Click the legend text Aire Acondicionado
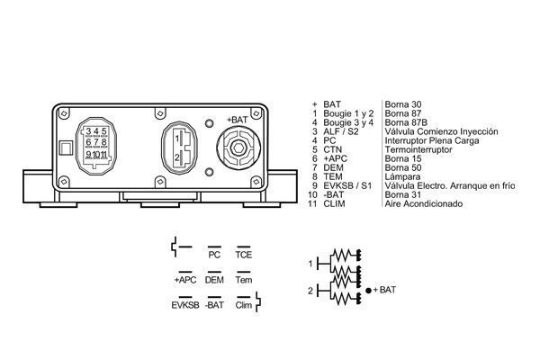423,204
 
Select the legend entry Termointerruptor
419,150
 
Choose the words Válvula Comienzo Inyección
441,132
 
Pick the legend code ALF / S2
340,132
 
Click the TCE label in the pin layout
243,255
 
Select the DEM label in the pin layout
214,281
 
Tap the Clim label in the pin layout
243,306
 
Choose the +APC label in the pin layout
184,281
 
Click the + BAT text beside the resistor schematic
384,290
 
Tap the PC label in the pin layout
214,255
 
